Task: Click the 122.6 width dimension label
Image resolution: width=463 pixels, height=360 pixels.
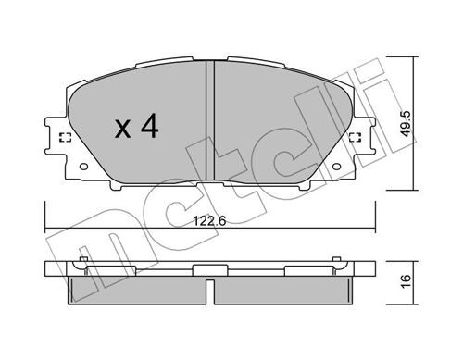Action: (x=209, y=221)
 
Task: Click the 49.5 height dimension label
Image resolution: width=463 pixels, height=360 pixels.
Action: (x=406, y=124)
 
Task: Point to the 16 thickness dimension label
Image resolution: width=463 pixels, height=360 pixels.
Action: (x=407, y=281)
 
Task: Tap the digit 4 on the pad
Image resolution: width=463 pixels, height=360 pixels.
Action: (x=150, y=126)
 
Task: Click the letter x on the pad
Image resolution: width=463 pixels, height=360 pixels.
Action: (x=122, y=130)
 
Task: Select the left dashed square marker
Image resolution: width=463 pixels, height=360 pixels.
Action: (x=65, y=138)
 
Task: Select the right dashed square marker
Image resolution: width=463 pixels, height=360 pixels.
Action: (x=356, y=138)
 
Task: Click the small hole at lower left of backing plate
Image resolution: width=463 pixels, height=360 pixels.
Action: (x=83, y=167)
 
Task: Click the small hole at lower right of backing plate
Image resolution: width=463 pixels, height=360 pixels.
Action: (x=336, y=167)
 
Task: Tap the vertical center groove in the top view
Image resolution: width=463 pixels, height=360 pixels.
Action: (x=210, y=120)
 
